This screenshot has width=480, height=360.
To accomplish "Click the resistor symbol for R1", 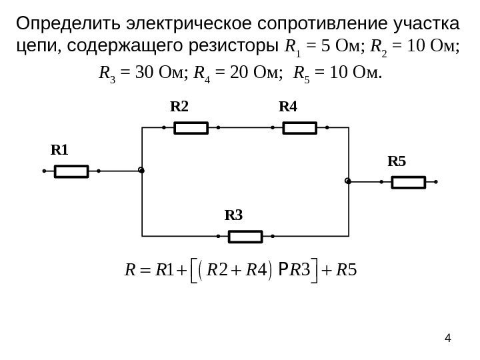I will click(71, 171).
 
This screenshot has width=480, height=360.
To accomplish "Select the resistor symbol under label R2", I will click(191, 127).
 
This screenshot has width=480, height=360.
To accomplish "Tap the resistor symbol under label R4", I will click(300, 127).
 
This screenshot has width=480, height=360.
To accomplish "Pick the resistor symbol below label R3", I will click(245, 236).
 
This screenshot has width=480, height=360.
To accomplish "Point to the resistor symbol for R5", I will click(408, 181).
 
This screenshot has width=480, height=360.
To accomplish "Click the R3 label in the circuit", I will click(235, 215).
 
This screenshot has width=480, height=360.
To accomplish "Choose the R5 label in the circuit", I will click(397, 161).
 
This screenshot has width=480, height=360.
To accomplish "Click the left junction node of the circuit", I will click(141, 171).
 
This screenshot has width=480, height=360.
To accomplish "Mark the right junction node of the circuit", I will click(347, 181).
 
